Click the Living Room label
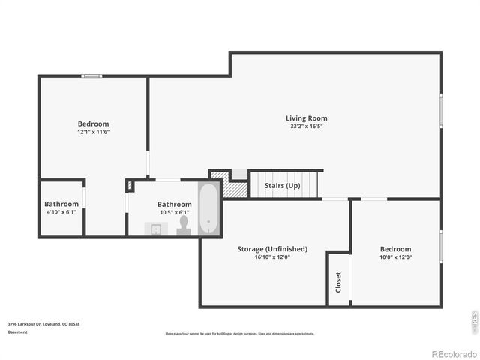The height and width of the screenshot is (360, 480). tap(306, 118)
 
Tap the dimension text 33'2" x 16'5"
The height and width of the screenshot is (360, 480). tap(306, 127)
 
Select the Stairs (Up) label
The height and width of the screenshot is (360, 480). tap(282, 185)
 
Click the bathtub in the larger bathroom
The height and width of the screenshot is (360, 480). tap(209, 208)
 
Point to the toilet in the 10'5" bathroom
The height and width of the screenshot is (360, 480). tap(184, 226)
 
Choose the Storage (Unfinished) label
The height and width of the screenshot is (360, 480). tap(271, 248)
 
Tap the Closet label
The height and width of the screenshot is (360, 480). tap(338, 281)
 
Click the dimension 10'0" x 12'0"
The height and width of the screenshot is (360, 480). tap(395, 257)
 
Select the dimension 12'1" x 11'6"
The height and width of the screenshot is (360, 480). tap(93, 132)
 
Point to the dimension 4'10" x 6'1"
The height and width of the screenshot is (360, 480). tap(61, 212)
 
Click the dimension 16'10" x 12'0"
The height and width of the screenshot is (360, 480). tap(271, 257)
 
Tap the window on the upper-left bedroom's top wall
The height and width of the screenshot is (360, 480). tap(92, 75)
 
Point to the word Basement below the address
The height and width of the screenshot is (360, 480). tap(18, 331)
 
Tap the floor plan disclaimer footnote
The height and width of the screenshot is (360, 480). tap(239, 334)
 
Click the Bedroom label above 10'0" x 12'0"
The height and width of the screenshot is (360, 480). tap(395, 248)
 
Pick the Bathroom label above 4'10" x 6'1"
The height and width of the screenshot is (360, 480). tap(61, 204)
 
